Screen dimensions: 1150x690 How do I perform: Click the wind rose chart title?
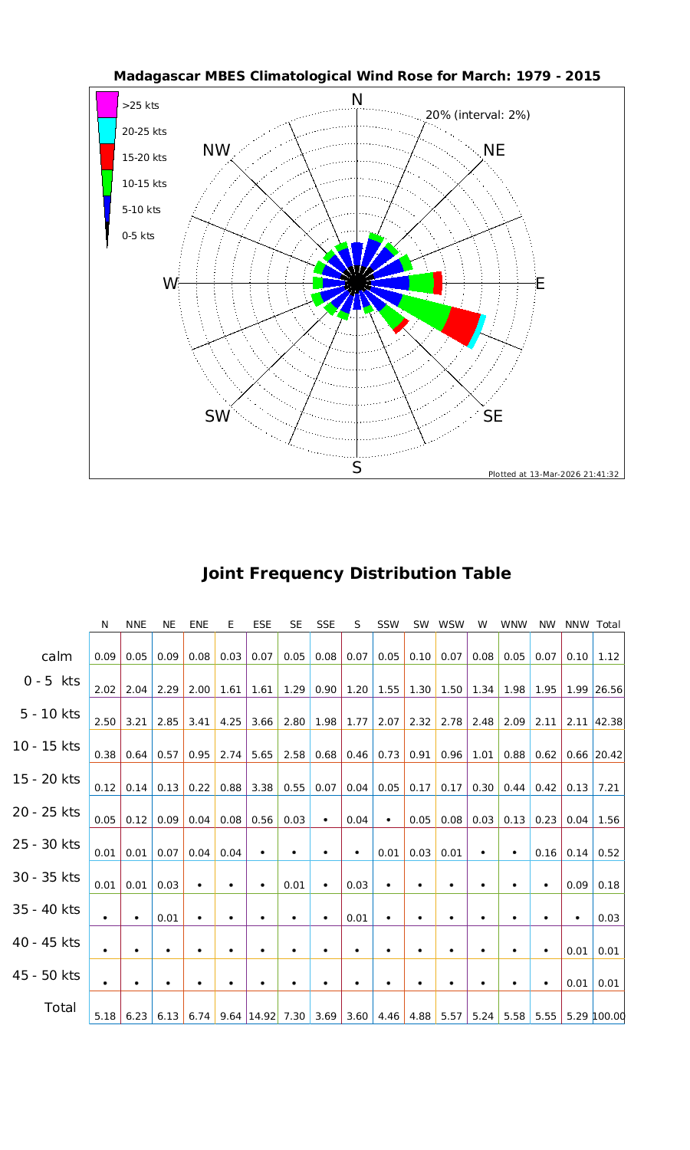tap(356, 77)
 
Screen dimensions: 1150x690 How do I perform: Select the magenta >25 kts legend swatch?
tap(107, 104)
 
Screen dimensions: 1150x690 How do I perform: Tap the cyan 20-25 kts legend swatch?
tap(107, 130)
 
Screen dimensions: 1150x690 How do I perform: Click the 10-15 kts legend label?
tap(144, 184)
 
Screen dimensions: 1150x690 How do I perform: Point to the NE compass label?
tap(495, 150)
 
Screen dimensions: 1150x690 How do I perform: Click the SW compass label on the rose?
tap(218, 416)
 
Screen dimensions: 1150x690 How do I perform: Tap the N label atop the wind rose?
tap(356, 100)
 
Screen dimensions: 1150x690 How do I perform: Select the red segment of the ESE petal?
tap(463, 325)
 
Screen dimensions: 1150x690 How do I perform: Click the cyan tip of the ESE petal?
tap(477, 332)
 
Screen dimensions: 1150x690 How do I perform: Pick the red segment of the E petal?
tap(438, 283)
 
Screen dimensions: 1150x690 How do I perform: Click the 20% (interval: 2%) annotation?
tap(478, 115)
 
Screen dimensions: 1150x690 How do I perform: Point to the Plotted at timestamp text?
tap(554, 474)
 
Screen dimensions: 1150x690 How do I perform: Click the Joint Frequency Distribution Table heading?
tap(356, 573)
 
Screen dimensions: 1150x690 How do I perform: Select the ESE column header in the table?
tap(262, 624)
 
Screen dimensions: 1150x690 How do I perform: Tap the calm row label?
tap(57, 656)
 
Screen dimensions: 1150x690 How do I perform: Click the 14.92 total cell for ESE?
tap(262, 1017)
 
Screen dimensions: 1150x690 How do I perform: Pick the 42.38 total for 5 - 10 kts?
tap(608, 722)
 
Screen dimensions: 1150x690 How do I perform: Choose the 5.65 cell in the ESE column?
tap(262, 754)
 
